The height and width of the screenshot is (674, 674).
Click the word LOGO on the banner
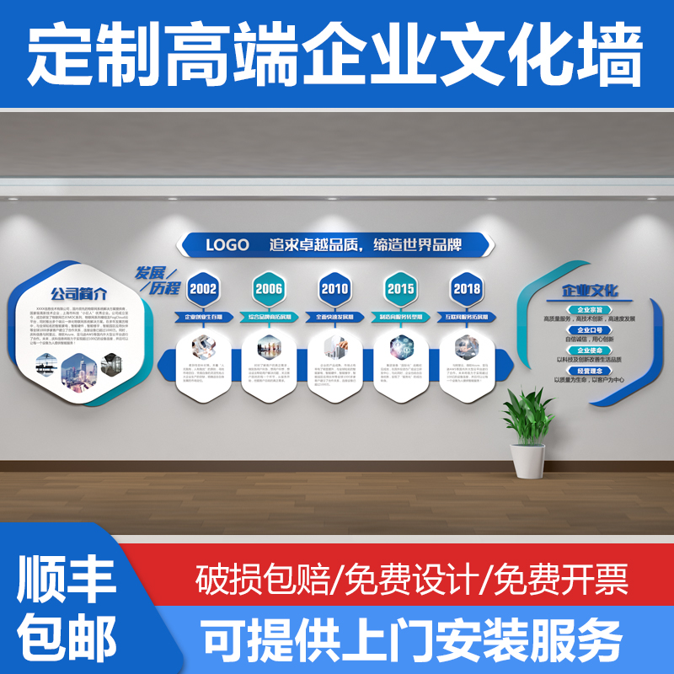[x=227, y=245]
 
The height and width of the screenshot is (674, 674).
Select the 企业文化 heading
[x=590, y=291]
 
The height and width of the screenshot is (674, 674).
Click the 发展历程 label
[x=158, y=280]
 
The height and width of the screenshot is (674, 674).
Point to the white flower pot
[x=527, y=463]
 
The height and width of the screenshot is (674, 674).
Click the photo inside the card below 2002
[x=203, y=345]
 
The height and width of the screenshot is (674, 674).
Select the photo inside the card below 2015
[x=400, y=346]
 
